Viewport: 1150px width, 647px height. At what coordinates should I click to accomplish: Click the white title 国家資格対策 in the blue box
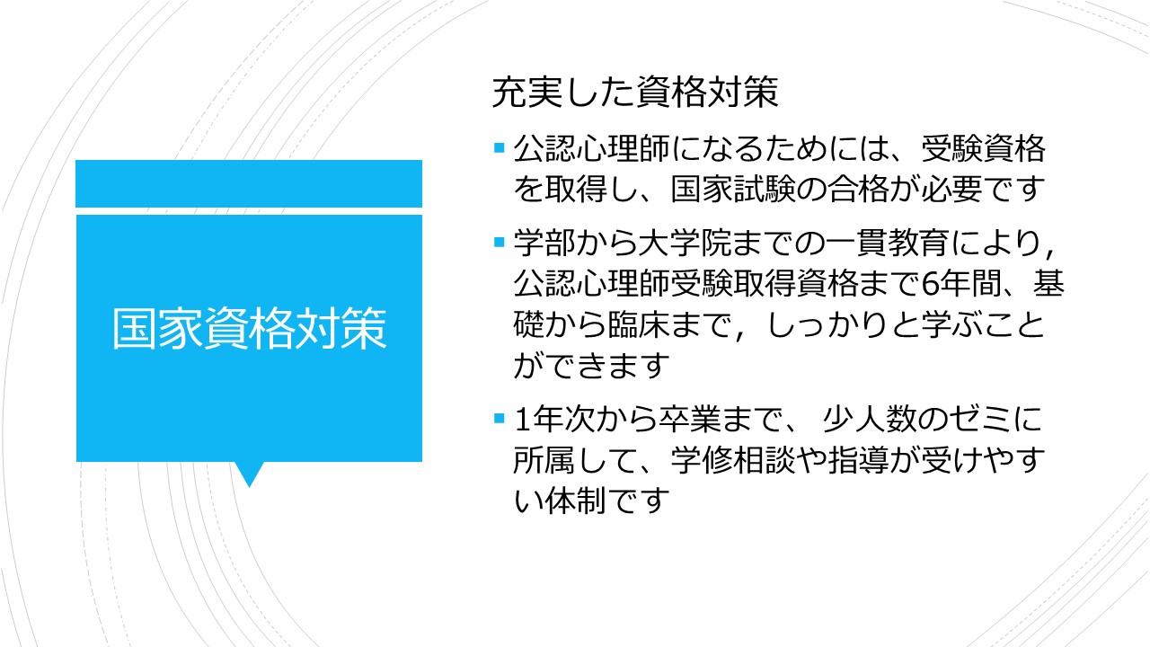point(250,329)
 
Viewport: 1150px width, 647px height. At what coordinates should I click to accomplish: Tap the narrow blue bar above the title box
point(249,183)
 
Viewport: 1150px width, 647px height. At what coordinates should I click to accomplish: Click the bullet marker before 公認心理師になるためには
point(499,148)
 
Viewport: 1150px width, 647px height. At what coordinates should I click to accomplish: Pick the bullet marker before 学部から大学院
point(499,242)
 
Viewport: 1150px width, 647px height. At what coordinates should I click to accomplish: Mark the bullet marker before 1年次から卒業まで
point(499,418)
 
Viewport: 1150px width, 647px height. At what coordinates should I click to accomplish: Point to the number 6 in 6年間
point(930,284)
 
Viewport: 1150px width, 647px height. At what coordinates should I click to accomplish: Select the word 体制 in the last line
point(576,501)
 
